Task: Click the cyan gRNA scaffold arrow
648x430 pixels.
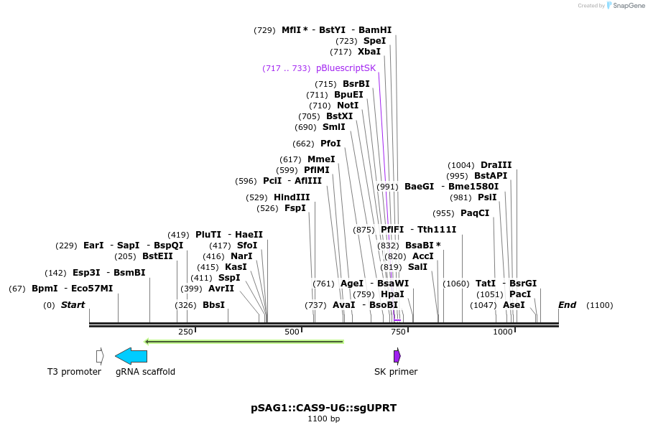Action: [131, 356]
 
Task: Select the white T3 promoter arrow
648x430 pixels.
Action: [100, 356]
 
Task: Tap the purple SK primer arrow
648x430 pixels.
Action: [397, 356]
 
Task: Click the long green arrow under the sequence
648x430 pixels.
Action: [244, 342]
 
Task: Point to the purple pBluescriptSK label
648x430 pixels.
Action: [346, 68]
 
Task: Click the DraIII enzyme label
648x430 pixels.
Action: [496, 164]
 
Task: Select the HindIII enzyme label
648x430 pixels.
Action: [292, 197]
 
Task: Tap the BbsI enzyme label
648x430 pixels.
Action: [213, 305]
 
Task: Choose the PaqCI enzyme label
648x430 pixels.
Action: [475, 213]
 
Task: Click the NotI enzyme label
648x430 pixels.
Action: [348, 106]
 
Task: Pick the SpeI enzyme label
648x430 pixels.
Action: [374, 41]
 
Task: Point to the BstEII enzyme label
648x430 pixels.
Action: [157, 256]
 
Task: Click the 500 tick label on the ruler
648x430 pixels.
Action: [292, 332]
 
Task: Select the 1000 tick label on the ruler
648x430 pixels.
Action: [503, 332]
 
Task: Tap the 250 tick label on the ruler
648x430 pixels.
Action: [185, 332]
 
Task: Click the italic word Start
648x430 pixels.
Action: [73, 305]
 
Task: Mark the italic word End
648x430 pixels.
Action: [568, 305]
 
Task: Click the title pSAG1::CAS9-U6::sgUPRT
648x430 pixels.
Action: [323, 408]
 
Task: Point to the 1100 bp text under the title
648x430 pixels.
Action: [323, 419]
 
